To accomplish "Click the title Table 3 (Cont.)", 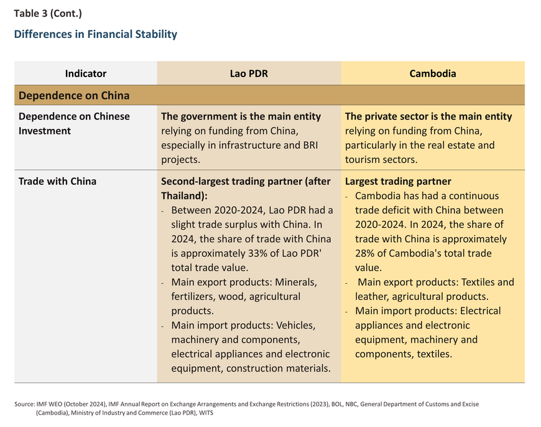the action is [48, 14].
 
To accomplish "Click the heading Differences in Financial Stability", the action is [96, 34].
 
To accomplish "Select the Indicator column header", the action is [86, 73].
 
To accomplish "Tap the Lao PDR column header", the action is [249, 73].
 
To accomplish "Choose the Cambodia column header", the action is [433, 73].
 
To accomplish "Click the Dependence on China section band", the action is [269, 95].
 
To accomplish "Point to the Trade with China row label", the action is [58, 181].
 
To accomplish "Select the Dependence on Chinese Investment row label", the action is [74, 124].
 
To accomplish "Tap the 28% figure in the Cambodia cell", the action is [364, 253].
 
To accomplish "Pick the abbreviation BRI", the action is [310, 145].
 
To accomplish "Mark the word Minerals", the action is [296, 282].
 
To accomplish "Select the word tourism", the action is [363, 159].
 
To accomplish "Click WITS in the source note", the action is [206, 413].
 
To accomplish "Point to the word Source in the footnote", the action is [24, 404].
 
